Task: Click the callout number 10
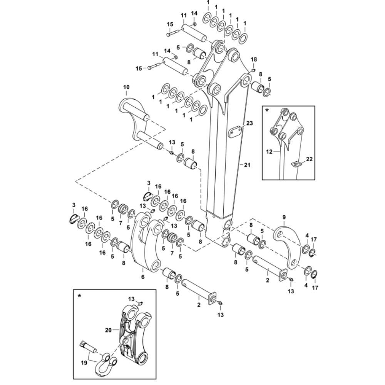pyautogui.click(x=127, y=87)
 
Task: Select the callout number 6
pyautogui.click(x=143, y=276)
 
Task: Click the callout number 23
pyautogui.click(x=249, y=123)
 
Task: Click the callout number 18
pyautogui.click(x=253, y=60)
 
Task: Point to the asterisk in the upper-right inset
pyautogui.click(x=267, y=110)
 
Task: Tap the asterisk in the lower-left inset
pyautogui.click(x=80, y=296)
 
